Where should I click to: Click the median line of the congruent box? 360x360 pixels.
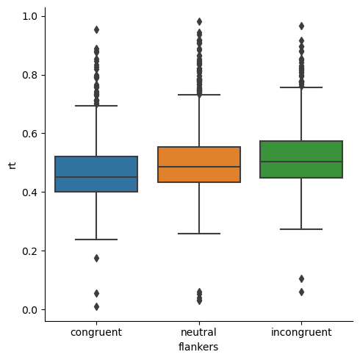(x=96, y=177)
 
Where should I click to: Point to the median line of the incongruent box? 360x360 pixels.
(x=301, y=162)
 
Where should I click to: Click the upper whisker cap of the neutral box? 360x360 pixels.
(x=199, y=95)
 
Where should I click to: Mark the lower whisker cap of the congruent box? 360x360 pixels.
(x=96, y=240)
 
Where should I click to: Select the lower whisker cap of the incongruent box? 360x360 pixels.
(x=301, y=229)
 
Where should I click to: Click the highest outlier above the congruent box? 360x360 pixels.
(x=96, y=29)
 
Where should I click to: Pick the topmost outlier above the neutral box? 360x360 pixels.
(x=199, y=21)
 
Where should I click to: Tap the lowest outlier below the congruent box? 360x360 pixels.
(x=96, y=306)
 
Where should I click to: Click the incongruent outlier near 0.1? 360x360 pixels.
(x=301, y=278)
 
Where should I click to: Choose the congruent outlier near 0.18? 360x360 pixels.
(x=96, y=258)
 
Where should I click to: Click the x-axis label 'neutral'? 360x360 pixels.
(x=199, y=333)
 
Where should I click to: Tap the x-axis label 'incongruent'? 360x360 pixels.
(x=301, y=333)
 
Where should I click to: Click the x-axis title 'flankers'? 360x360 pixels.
(x=199, y=347)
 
